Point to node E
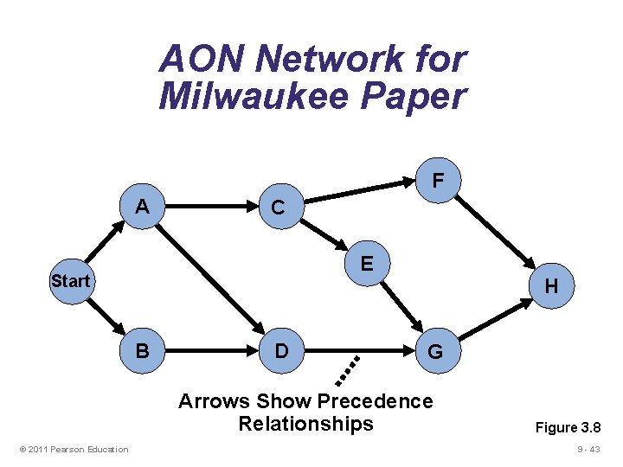point(368,262)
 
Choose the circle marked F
point(439,181)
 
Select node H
point(552,286)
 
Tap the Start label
point(70,281)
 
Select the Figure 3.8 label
point(568,427)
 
